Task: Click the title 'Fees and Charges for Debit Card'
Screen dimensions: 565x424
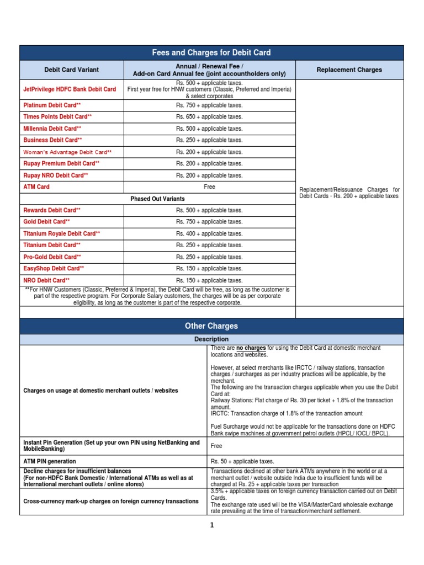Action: pos(211,52)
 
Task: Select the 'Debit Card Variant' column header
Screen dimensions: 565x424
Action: pos(72,70)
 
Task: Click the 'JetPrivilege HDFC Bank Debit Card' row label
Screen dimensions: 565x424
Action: pos(70,89)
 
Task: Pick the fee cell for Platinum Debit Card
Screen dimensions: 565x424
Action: pos(209,105)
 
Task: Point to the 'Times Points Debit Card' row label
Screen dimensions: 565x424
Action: pos(57,117)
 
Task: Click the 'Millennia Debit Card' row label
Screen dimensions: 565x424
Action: pos(53,129)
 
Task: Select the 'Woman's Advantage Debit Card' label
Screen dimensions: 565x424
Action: pos(67,152)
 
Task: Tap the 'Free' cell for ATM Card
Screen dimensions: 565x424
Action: pos(209,187)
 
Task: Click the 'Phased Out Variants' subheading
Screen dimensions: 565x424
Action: pos(157,199)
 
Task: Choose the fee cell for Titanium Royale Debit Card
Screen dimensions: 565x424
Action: pos(209,233)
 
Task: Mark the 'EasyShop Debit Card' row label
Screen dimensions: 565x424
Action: pos(54,269)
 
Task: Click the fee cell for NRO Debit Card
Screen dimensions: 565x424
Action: pos(209,280)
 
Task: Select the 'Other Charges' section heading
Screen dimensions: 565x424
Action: pos(211,326)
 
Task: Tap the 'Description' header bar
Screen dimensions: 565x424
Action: pos(211,339)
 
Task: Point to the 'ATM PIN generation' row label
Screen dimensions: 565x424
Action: pos(50,461)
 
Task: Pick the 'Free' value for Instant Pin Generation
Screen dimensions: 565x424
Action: pos(216,446)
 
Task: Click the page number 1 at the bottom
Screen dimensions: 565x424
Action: pos(211,525)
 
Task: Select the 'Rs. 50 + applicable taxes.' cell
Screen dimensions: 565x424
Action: pos(242,461)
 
